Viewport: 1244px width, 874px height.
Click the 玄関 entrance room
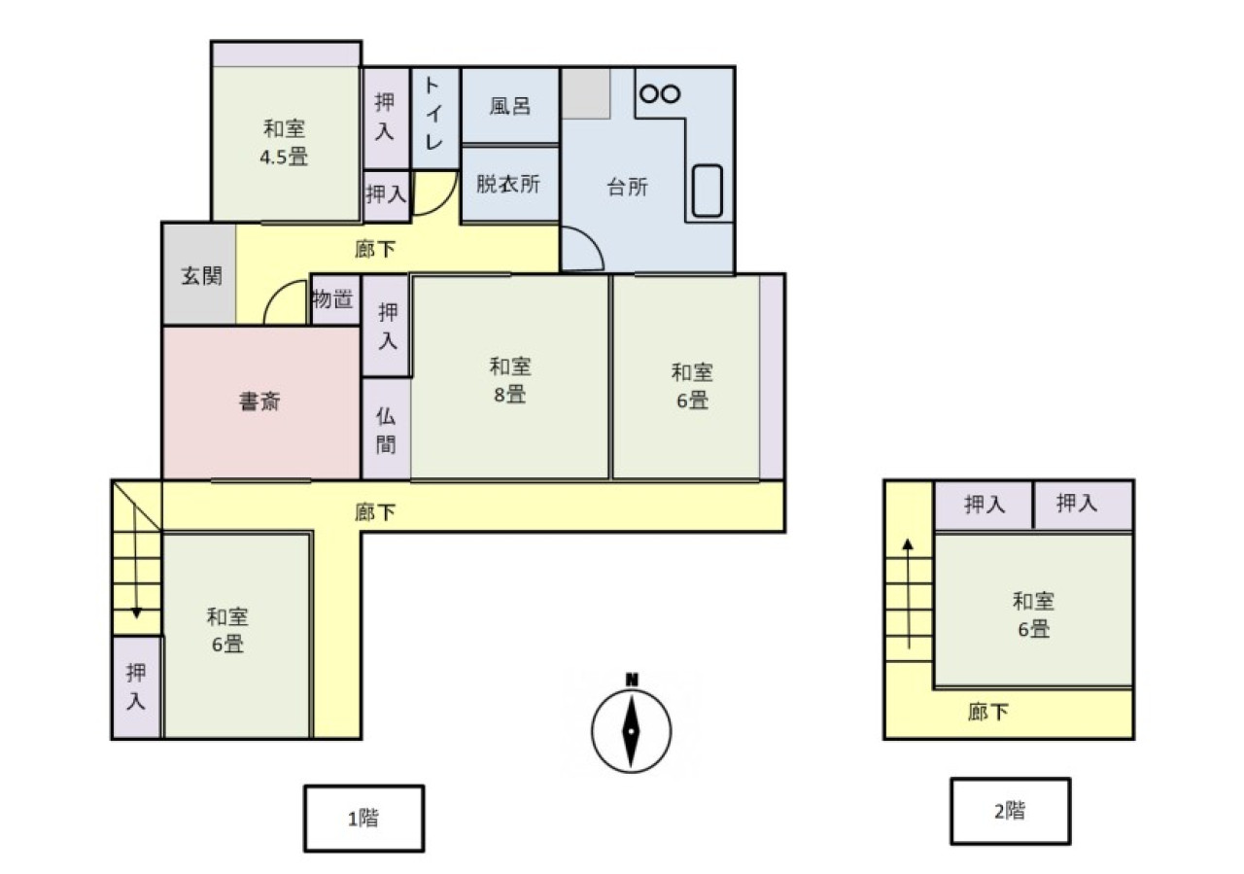pyautogui.click(x=200, y=274)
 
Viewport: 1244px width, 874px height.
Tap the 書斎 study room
pyautogui.click(x=261, y=402)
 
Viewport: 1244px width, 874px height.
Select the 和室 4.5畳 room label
pyautogui.click(x=284, y=143)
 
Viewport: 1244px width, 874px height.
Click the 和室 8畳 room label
pyautogui.click(x=510, y=380)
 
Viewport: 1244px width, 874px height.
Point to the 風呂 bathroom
pyautogui.click(x=510, y=106)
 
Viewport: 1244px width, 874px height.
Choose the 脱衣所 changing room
pyautogui.click(x=510, y=185)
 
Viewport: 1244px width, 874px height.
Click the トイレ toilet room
pyautogui.click(x=434, y=119)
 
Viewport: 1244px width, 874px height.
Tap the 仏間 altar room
pyautogui.click(x=386, y=429)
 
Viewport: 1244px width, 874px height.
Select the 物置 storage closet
pyautogui.click(x=334, y=300)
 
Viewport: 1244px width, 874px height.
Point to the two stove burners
pyautogui.click(x=660, y=93)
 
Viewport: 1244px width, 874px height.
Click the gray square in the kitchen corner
pyautogui.click(x=586, y=93)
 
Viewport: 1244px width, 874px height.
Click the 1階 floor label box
pyautogui.click(x=363, y=818)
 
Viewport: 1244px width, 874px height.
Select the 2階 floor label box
pyautogui.click(x=1010, y=811)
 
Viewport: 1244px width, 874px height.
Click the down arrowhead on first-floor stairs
pyautogui.click(x=136, y=612)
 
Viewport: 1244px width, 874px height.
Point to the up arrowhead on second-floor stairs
pyautogui.click(x=908, y=544)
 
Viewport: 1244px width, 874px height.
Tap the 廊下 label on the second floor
pyautogui.click(x=988, y=712)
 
